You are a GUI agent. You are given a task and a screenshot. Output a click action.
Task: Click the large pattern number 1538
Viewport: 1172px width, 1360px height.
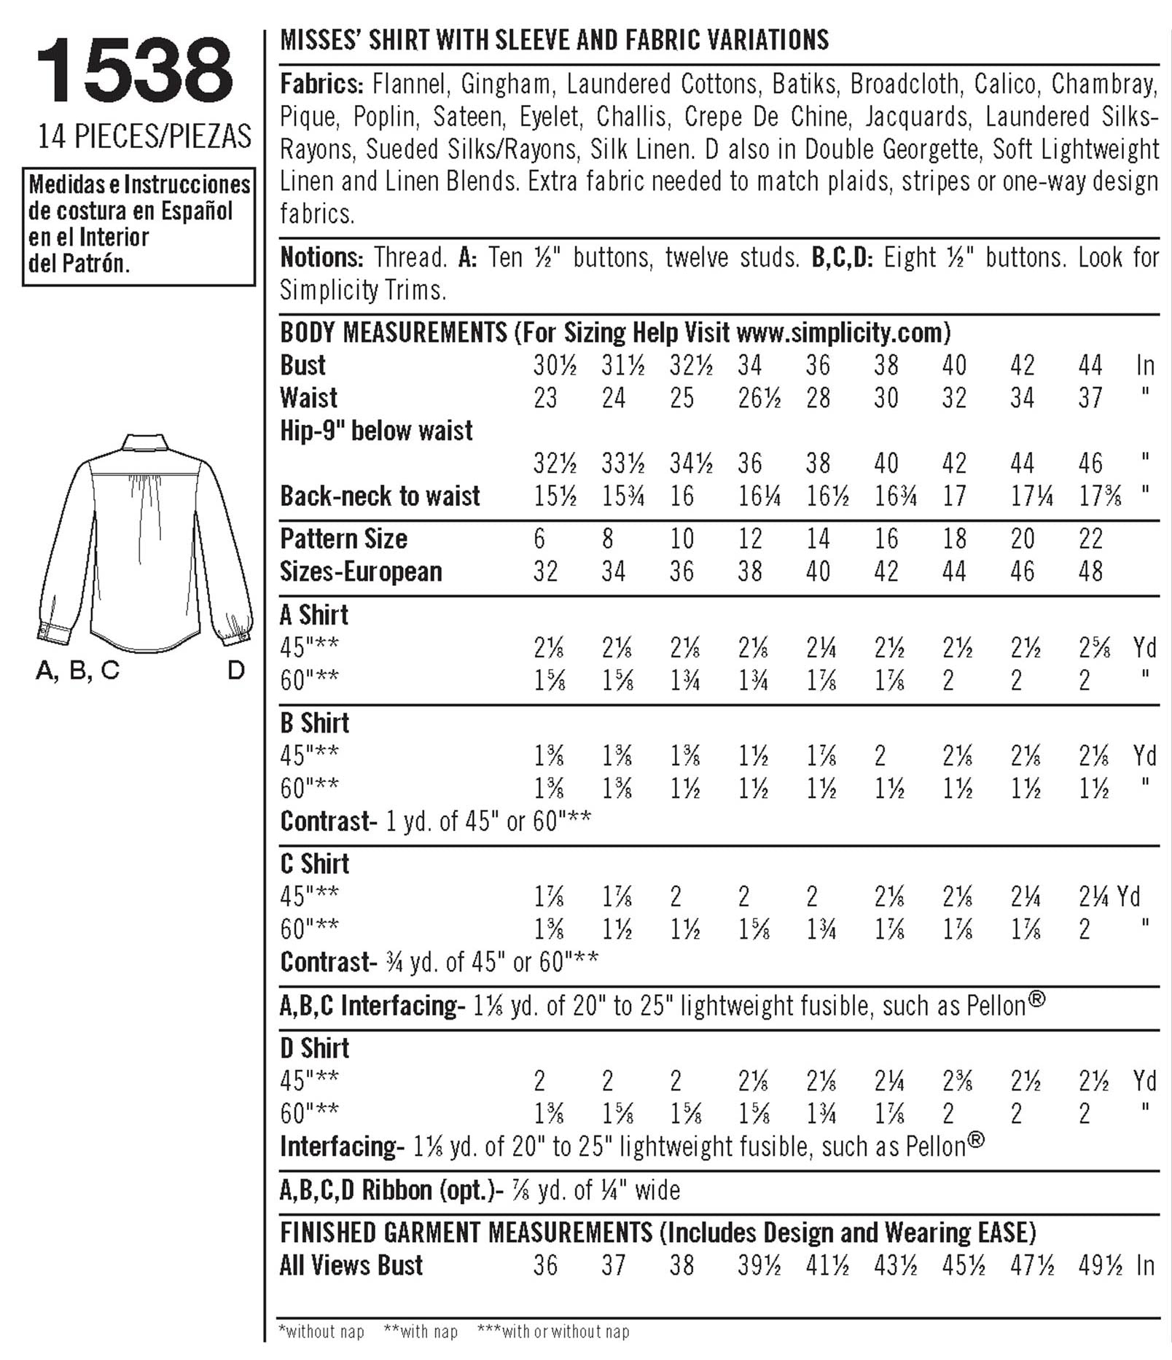click(135, 71)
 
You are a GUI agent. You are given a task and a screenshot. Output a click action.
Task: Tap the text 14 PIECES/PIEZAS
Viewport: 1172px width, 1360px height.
click(144, 137)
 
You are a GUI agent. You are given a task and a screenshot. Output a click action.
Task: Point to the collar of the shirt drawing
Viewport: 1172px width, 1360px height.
click(145, 442)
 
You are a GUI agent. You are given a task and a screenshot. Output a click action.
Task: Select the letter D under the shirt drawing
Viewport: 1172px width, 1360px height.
click(235, 671)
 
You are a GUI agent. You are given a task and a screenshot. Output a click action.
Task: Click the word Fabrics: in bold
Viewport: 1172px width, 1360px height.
click(321, 85)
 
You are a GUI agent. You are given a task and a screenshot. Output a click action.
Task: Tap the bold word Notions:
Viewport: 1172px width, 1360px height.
click(321, 257)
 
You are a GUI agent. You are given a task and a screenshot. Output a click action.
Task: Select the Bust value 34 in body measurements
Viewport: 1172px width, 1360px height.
click(749, 365)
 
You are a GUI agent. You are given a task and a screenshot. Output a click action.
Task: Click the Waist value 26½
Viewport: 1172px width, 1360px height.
click(759, 398)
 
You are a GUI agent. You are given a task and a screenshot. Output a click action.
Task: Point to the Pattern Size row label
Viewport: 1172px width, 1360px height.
click(343, 539)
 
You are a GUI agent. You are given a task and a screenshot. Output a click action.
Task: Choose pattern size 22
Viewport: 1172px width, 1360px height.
click(1090, 539)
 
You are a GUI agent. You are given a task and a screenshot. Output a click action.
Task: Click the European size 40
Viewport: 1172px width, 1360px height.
click(818, 571)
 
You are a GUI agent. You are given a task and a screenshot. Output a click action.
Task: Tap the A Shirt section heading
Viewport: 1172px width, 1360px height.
click(314, 615)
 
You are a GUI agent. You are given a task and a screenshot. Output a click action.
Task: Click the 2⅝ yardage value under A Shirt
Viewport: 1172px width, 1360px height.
click(1094, 647)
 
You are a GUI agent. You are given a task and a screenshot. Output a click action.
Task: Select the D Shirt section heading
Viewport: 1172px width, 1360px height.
click(315, 1048)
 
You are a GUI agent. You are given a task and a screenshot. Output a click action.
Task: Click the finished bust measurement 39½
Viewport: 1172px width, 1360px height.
click(759, 1265)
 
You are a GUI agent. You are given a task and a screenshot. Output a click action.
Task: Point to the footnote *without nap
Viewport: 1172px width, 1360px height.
click(321, 1332)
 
